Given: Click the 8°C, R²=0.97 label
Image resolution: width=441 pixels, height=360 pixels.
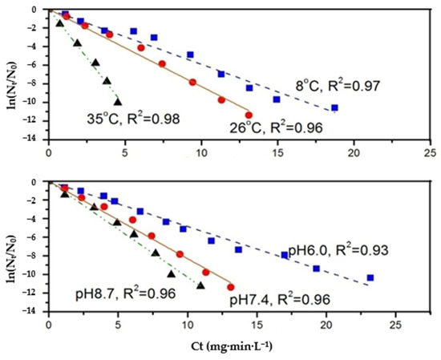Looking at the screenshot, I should click(335, 84).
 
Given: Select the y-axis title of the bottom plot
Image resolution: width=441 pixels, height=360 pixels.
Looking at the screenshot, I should click(10, 245).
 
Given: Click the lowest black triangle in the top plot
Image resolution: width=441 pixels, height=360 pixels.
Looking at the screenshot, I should click(118, 102).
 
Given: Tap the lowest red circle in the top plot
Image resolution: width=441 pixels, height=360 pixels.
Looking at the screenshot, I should click(249, 115).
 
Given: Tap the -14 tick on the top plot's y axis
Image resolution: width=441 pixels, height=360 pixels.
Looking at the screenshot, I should click(32, 139).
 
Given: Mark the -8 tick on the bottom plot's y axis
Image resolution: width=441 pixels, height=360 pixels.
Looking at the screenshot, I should click(34, 256).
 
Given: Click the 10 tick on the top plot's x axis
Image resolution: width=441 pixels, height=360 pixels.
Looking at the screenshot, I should click(201, 150).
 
